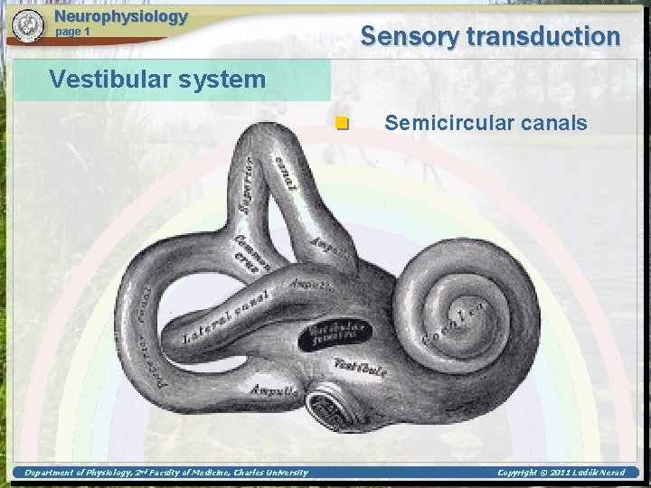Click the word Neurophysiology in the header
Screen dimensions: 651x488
pos(121,16)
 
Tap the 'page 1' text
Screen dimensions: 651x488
pos(73,32)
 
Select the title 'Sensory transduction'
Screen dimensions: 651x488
pos(490,36)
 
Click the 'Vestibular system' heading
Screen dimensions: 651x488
pos(157,80)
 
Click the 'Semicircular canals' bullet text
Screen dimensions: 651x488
pos(486,123)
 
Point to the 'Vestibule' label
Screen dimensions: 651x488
pos(360,367)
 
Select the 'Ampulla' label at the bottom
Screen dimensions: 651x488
pos(272,391)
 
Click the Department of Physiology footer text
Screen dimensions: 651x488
pos(165,472)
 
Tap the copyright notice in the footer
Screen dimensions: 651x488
pos(561,472)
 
